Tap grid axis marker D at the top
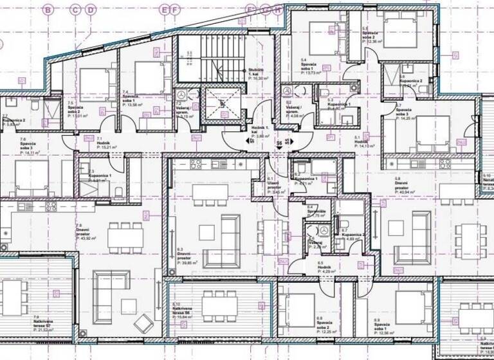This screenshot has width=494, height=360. coord(91,10)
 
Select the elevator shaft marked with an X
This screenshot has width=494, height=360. coord(221,103)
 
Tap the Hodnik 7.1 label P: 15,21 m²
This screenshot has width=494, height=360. coord(107,147)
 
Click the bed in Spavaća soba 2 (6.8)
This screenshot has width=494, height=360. coord(301,305)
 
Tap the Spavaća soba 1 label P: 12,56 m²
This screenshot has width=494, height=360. coord(386,333)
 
